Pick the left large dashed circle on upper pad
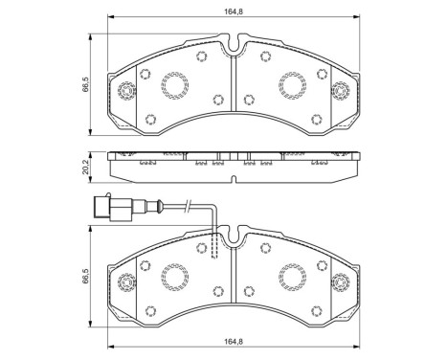175,87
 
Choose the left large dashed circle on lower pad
175,278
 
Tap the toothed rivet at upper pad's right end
340,94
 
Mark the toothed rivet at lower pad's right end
340,284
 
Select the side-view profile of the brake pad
234,169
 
